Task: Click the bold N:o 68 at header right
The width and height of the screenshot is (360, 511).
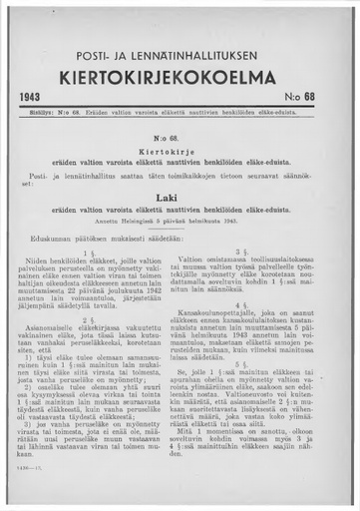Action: [322, 98]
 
